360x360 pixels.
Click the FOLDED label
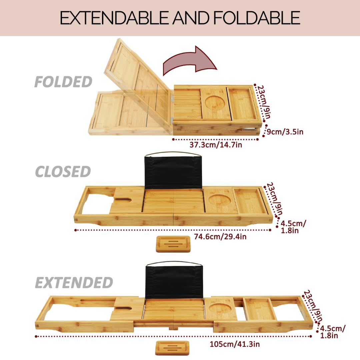63,82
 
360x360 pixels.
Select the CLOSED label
63,172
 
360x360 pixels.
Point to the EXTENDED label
74,283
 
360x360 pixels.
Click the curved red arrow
190,62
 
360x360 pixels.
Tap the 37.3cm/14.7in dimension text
216,145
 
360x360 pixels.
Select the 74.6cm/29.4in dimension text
220,237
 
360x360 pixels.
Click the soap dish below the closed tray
173,244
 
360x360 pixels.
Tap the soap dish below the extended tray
172,348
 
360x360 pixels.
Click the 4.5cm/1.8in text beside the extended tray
332,331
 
